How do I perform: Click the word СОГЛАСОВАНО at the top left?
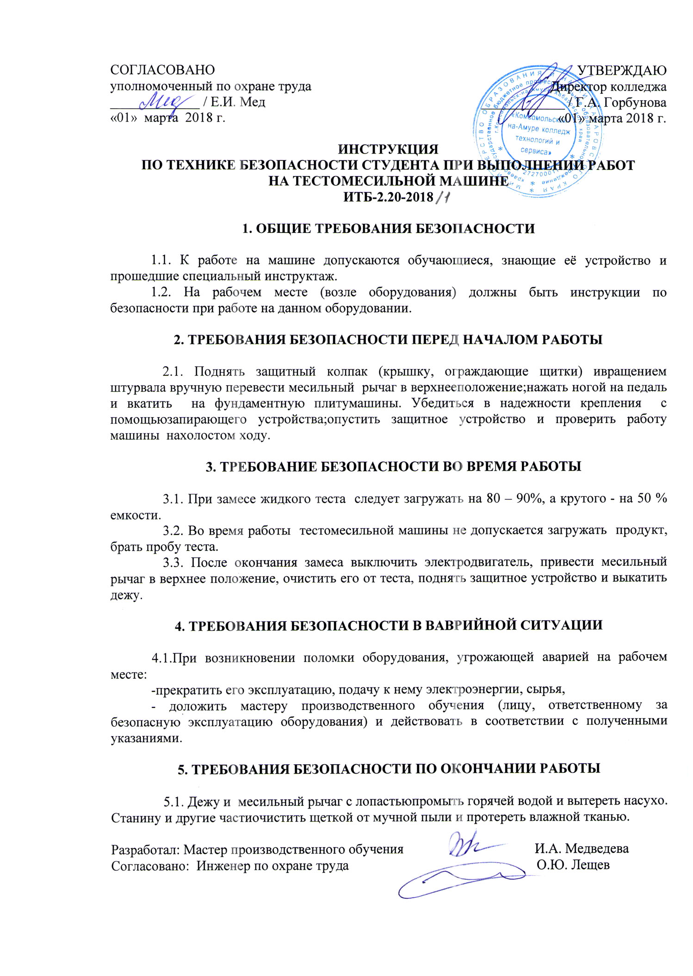click(162, 70)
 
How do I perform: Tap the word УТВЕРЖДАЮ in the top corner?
click(622, 70)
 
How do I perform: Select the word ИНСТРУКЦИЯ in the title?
click(388, 149)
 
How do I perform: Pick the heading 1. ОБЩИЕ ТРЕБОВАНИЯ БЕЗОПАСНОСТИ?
click(389, 228)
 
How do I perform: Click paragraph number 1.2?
click(162, 292)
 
